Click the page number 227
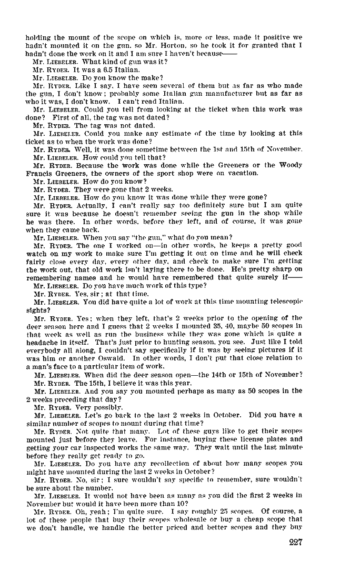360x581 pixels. (296, 544)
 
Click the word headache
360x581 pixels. (39, 342)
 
